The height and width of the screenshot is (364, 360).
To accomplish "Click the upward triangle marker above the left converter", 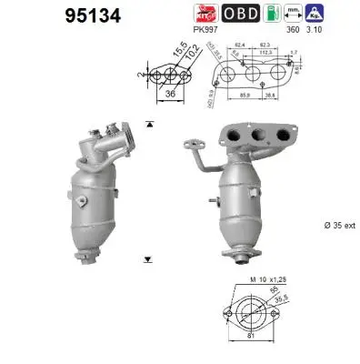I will [148, 122].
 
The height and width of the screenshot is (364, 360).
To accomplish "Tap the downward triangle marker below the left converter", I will [148, 259].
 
